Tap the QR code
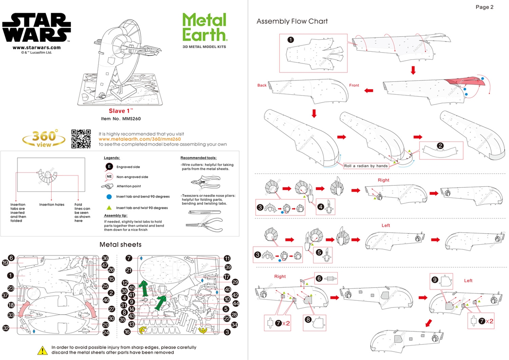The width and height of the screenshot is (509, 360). click(x=81, y=138)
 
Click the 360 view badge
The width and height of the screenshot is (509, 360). click(x=44, y=138)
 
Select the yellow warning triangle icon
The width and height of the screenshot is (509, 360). click(x=42, y=350)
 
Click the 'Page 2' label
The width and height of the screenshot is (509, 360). click(x=484, y=7)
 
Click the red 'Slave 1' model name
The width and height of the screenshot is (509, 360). click(x=120, y=111)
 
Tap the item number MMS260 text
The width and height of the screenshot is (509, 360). click(x=121, y=119)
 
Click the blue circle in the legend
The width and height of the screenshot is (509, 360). click(x=109, y=197)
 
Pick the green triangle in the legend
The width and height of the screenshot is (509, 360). click(x=109, y=208)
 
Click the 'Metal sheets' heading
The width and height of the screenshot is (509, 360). click(x=120, y=244)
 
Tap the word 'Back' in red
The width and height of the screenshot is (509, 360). click(x=262, y=86)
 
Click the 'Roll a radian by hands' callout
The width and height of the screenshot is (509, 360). click(x=365, y=166)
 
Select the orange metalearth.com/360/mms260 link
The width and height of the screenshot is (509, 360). click(x=140, y=139)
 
